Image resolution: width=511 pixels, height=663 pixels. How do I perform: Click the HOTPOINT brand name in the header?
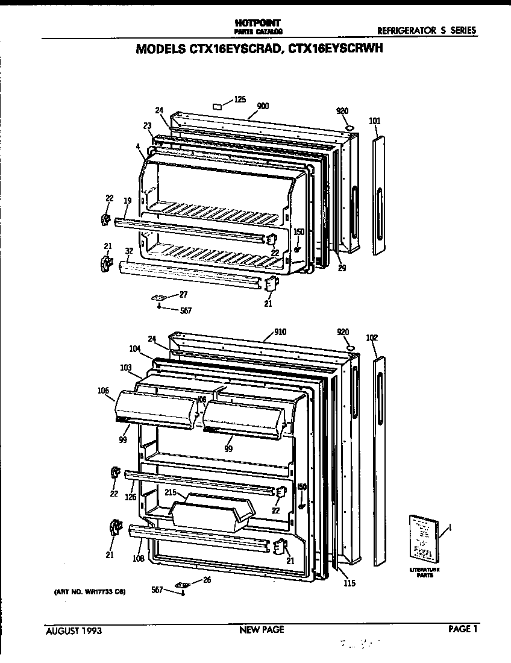(x=256, y=22)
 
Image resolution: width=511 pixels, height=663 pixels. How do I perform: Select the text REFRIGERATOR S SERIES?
(x=427, y=30)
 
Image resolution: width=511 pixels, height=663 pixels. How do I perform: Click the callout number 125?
(x=240, y=99)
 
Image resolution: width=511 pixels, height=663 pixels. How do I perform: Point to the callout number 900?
(x=262, y=107)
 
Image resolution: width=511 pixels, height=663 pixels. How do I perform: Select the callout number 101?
(x=374, y=121)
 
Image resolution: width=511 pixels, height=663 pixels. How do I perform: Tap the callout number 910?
(x=280, y=332)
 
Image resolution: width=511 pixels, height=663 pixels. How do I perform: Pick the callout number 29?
(x=342, y=268)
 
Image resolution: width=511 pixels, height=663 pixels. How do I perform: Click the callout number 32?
(x=129, y=251)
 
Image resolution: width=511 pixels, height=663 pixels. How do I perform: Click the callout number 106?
(x=103, y=391)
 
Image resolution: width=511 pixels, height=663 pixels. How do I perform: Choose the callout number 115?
(x=350, y=583)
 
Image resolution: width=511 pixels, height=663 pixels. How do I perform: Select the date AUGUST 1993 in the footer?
(x=74, y=631)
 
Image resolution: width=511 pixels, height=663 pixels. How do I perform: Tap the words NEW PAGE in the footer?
(x=262, y=630)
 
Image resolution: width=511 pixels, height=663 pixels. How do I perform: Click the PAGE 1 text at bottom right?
(x=463, y=629)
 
